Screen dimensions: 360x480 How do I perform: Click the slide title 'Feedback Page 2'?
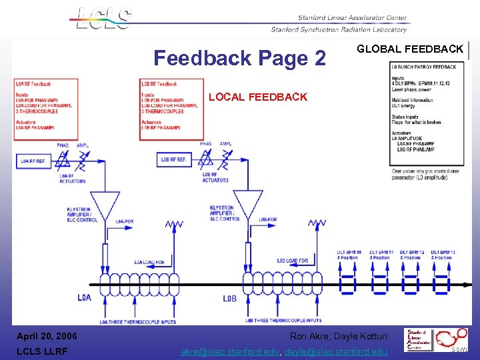coord(239,58)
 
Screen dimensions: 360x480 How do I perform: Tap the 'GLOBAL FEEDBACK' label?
coord(410,49)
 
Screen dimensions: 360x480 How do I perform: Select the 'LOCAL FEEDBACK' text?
coord(258,97)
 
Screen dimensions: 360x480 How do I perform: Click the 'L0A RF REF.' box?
coord(33,161)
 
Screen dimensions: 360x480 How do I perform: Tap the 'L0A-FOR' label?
coord(124,221)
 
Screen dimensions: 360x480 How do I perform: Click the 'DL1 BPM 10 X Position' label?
coord(349,255)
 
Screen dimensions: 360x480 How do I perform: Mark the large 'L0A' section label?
coord(84,297)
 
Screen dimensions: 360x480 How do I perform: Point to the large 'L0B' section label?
coord(229,298)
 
